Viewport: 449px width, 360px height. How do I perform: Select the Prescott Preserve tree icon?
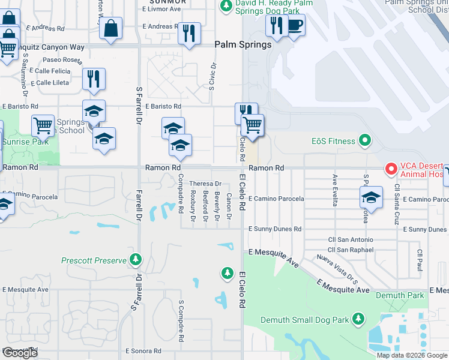point(136,260)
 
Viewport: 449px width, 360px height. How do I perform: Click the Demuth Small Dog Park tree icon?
point(358,317)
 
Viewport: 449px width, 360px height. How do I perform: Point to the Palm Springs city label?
point(243,44)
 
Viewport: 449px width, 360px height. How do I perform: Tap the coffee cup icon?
point(295,26)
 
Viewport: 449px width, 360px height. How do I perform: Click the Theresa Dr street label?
point(206,184)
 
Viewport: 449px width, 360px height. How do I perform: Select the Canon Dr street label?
point(229,206)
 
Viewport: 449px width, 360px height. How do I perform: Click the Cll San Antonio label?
point(351,240)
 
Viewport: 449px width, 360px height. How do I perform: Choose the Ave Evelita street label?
point(334,190)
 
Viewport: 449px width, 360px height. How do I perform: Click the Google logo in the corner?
point(20,353)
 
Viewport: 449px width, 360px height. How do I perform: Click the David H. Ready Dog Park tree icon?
point(226,7)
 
